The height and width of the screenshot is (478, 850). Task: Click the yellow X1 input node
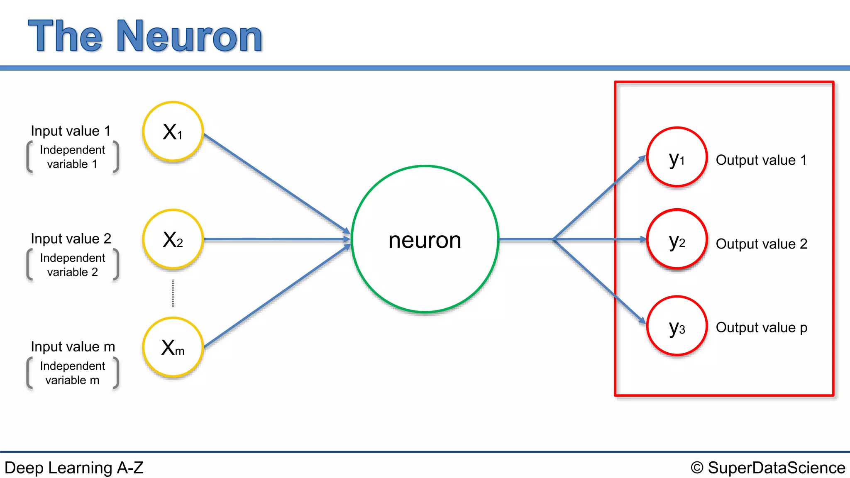(173, 132)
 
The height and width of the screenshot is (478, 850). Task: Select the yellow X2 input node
(173, 239)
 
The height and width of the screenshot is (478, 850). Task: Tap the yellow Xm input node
(173, 347)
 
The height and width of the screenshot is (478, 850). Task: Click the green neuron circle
(425, 239)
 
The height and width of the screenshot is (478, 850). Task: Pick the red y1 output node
(677, 157)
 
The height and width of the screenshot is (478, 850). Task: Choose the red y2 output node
(677, 239)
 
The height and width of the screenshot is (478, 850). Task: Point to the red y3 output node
(677, 326)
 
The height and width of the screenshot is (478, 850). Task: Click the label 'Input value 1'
(71, 131)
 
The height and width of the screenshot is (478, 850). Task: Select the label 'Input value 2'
(71, 239)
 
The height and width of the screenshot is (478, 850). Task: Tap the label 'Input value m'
(73, 347)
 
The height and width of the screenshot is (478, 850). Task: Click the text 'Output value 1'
(761, 160)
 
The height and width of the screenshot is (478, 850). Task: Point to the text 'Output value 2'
(762, 244)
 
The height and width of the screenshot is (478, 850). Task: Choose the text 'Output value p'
(762, 328)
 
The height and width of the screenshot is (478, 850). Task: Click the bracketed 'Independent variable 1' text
(72, 157)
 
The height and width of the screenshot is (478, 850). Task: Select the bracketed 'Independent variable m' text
(72, 373)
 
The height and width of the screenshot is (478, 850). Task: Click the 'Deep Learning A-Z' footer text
(74, 468)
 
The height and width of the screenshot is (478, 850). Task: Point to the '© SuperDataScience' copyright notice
(768, 468)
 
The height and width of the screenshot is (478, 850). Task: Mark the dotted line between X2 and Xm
(173, 293)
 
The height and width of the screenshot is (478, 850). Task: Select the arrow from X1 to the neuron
(276, 183)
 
